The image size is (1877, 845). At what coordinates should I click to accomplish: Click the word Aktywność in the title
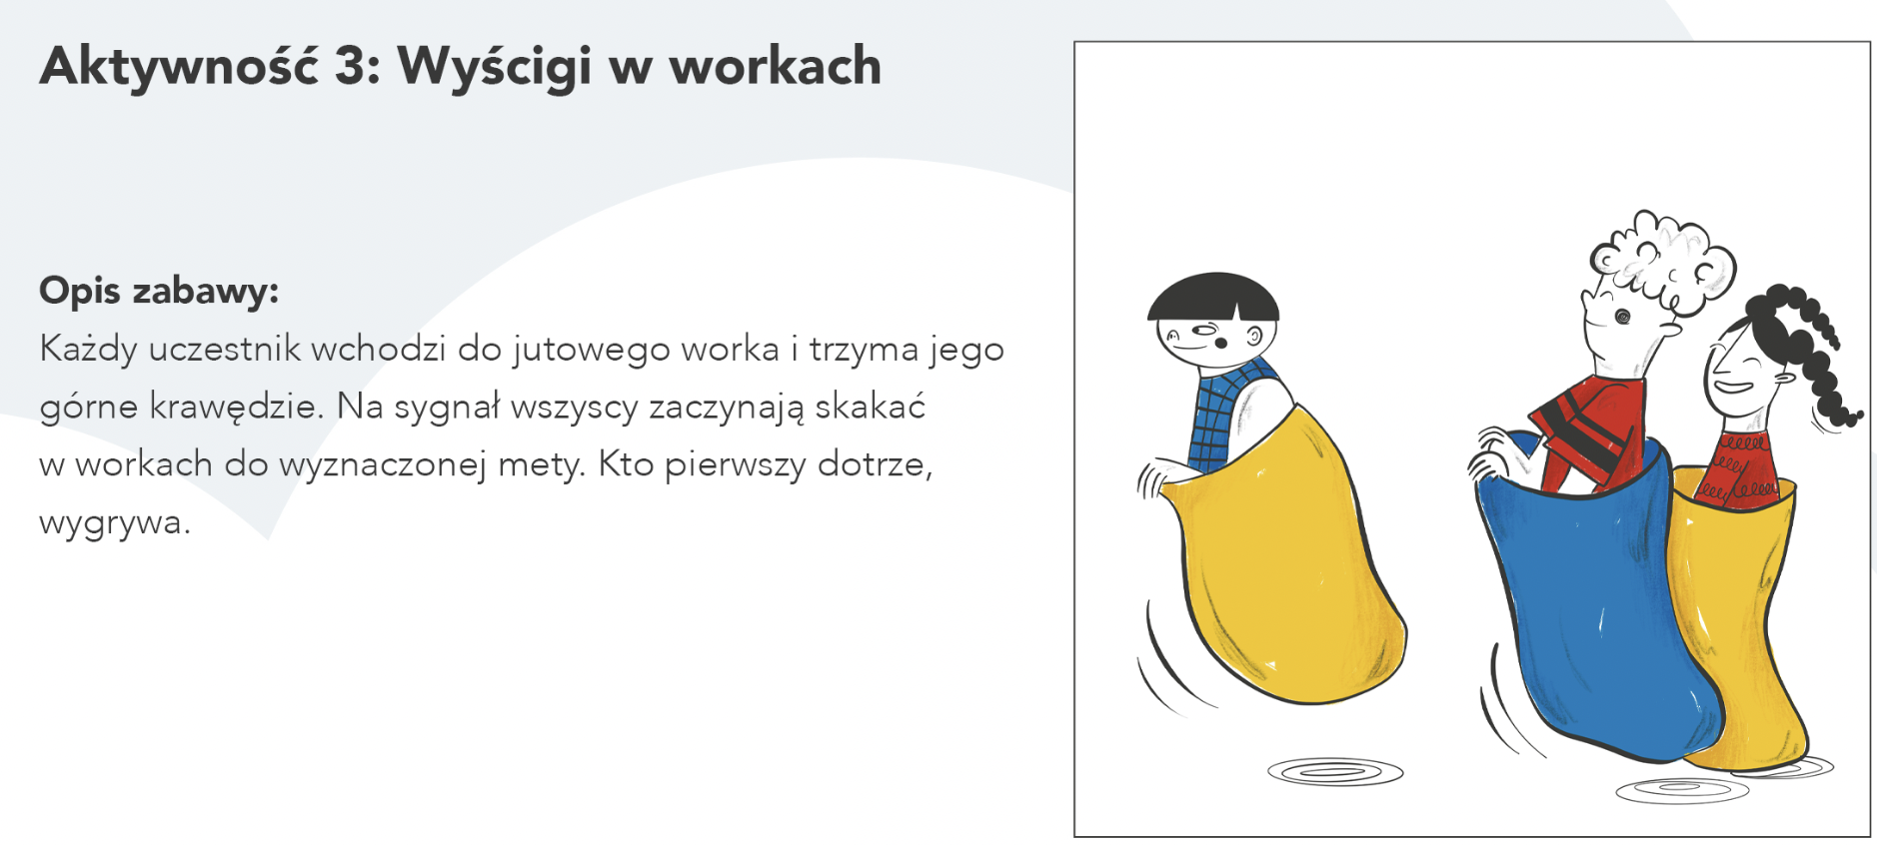click(x=179, y=66)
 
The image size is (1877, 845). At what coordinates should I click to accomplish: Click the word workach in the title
click(x=776, y=67)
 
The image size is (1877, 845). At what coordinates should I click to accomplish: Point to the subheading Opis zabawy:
click(x=159, y=291)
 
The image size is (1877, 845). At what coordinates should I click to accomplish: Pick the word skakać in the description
click(x=870, y=406)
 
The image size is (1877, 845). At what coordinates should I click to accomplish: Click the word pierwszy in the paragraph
click(x=735, y=465)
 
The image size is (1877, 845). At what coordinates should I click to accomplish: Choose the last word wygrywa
click(x=114, y=522)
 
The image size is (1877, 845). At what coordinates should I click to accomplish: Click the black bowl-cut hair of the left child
click(x=1212, y=297)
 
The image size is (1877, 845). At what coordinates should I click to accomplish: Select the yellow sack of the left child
click(x=1289, y=559)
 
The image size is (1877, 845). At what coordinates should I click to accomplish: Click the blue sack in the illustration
click(x=1594, y=599)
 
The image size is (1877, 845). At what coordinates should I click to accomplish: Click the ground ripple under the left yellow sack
click(x=1335, y=772)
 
